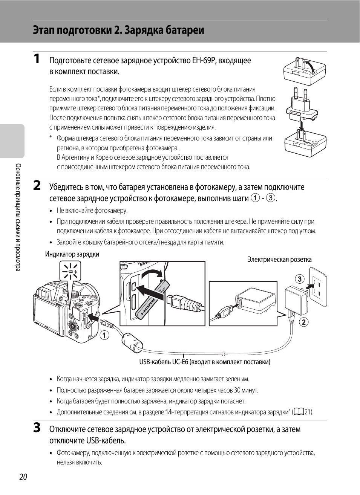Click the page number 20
(x=23, y=477)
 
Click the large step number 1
(x=37, y=59)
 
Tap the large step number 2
(x=37, y=185)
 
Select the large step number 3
(x=37, y=428)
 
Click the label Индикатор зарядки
(x=72, y=254)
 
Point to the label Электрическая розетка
(x=279, y=260)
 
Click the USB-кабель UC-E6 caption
(x=205, y=362)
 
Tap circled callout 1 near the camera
(x=104, y=335)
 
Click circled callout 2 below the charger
(x=303, y=322)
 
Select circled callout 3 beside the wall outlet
(x=299, y=279)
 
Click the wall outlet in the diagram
(x=317, y=287)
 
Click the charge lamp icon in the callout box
(x=70, y=271)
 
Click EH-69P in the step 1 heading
(x=204, y=61)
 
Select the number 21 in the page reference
(x=308, y=412)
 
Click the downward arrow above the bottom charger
(x=301, y=125)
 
